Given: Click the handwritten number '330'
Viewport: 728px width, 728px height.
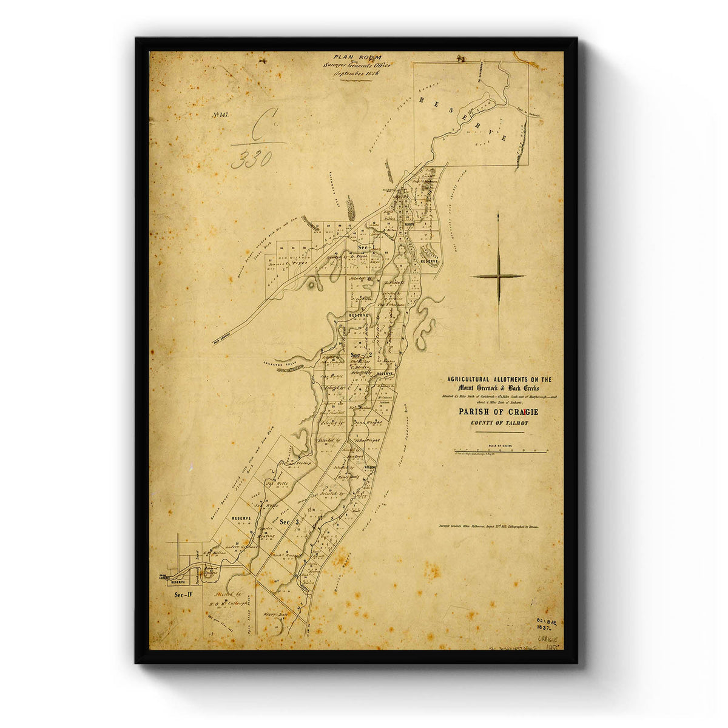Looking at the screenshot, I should (251, 159).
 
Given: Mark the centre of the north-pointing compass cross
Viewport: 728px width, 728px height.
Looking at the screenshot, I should (498, 276).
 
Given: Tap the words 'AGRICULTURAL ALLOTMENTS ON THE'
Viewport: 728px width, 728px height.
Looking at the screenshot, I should (499, 379).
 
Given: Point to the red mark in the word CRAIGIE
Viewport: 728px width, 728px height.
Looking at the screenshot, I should (525, 413).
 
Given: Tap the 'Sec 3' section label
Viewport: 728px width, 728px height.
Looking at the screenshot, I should (289, 521).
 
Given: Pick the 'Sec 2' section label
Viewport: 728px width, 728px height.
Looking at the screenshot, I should (362, 355).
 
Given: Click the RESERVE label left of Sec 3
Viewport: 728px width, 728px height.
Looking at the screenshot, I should (241, 519).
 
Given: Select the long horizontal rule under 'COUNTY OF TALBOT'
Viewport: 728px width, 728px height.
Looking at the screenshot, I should (499, 433).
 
